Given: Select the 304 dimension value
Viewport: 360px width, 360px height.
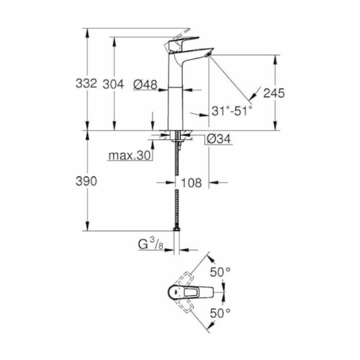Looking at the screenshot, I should (113, 85).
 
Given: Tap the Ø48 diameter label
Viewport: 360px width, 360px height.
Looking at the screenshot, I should (145, 85).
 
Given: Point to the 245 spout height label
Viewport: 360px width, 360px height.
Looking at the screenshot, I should (274, 93).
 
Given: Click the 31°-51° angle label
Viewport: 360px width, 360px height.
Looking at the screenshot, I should (232, 110).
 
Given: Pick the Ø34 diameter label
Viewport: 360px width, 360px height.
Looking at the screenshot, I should (218, 139).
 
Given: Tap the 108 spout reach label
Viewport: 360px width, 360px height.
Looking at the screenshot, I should (192, 183).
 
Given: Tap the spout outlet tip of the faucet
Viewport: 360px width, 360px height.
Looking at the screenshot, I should (207, 54).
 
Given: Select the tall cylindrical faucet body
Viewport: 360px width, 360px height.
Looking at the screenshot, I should (176, 94).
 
